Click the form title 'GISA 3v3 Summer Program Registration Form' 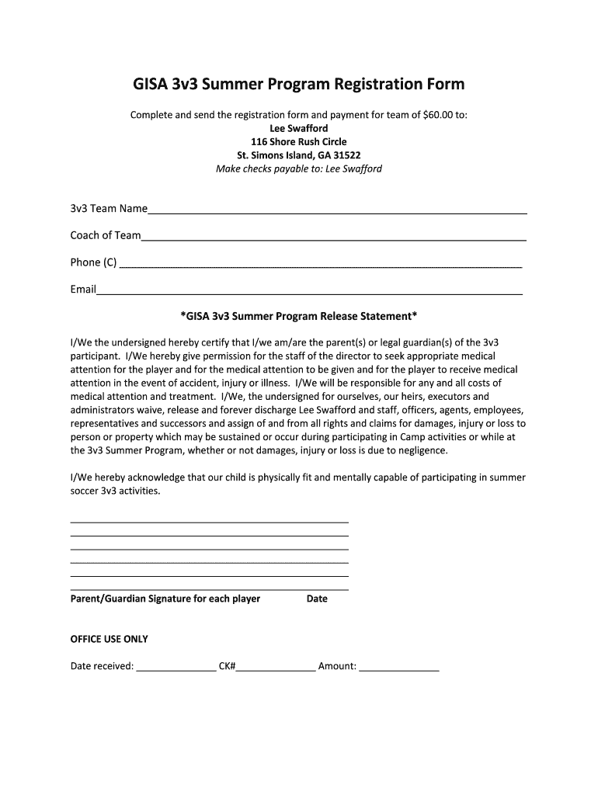[x=298, y=84]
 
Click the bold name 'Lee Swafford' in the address [x=298, y=128]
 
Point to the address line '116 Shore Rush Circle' [x=298, y=142]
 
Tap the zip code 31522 [x=346, y=155]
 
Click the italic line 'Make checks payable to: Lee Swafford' [x=298, y=168]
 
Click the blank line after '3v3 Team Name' [x=337, y=210]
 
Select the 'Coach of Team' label [x=106, y=235]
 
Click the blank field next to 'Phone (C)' [x=320, y=264]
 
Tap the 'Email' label [x=83, y=289]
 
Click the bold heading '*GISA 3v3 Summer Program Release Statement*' [x=298, y=316]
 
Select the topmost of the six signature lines [x=209, y=521]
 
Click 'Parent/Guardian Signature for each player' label [x=165, y=599]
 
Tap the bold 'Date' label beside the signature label [x=317, y=599]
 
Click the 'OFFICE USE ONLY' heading [x=109, y=639]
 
